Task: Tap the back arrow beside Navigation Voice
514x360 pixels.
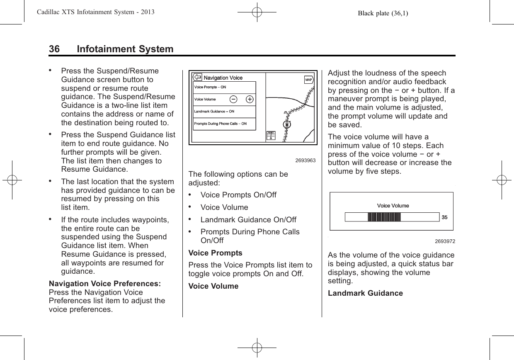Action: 198,78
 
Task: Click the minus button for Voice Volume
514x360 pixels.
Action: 233,100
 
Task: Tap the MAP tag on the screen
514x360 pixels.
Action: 309,80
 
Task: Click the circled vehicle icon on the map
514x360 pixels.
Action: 287,124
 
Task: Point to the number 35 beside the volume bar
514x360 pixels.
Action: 444,217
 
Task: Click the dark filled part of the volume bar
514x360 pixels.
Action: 384,217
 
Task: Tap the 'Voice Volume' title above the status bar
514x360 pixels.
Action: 393,206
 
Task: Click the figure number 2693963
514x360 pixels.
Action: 305,160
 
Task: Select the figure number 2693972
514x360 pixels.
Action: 444,241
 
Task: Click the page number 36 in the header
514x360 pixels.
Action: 54,49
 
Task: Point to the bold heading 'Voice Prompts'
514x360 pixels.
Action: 215,253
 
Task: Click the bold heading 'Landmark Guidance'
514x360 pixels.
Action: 365,293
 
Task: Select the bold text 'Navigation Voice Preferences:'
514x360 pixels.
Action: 105,284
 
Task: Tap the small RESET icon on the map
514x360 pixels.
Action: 271,136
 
